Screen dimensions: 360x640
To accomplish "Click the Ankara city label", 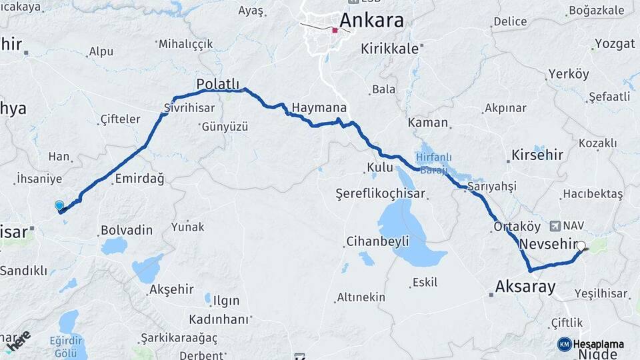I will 371,21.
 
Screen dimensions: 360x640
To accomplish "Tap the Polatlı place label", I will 217,83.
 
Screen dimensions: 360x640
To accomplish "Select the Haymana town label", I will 319,107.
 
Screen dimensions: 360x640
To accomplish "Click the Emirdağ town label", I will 139,179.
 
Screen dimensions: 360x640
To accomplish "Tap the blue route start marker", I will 59,207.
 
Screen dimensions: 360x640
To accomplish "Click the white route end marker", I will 581,246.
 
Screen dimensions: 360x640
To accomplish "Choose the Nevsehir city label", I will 547,243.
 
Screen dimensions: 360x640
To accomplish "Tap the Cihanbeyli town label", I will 377,241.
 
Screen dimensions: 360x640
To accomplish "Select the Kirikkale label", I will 390,49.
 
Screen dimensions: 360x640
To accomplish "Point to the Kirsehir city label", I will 538,155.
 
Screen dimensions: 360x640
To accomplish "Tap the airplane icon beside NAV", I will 556,225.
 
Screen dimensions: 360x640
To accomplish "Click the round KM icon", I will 564,344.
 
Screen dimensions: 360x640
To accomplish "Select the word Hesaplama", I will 598,344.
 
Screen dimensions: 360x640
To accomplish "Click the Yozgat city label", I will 614,44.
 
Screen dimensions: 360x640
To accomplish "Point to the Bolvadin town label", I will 126,230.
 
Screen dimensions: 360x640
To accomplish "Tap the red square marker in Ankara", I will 335,30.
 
